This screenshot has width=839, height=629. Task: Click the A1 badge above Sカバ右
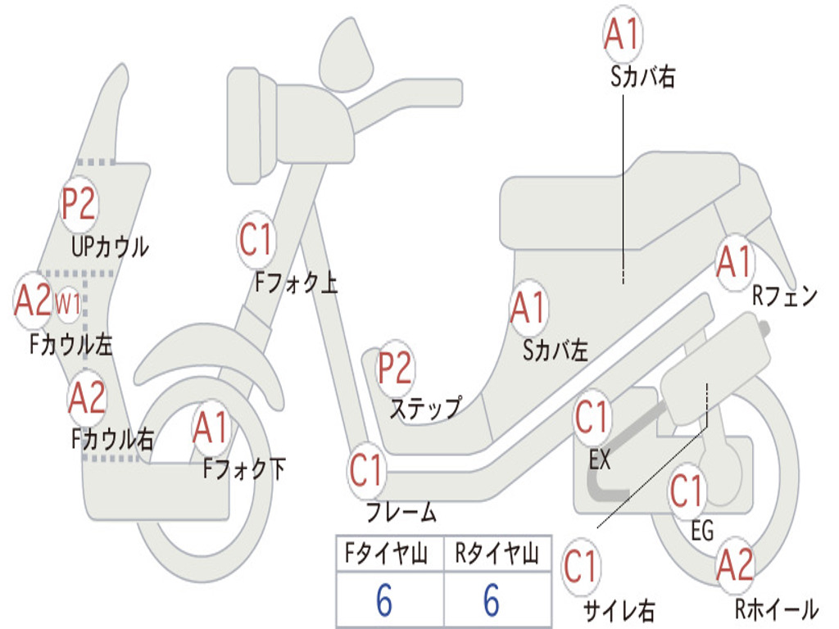[623, 34]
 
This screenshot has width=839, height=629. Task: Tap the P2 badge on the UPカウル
[79, 204]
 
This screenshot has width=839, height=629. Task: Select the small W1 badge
[68, 305]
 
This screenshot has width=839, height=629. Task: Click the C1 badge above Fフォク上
[256, 240]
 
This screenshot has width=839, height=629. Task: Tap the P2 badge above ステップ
[396, 369]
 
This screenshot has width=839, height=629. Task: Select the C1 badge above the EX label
[592, 418]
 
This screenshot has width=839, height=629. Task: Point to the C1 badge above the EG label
[687, 491]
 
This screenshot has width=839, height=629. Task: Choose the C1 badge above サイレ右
[581, 568]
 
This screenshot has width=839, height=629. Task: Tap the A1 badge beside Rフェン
[735, 263]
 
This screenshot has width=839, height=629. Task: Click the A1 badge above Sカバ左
[528, 309]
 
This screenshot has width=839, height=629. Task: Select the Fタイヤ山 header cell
[390, 554]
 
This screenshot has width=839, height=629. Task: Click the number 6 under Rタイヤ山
[492, 600]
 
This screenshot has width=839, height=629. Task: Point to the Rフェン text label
[785, 296]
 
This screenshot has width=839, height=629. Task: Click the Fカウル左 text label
[71, 345]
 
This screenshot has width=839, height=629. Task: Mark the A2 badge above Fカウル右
[87, 399]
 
